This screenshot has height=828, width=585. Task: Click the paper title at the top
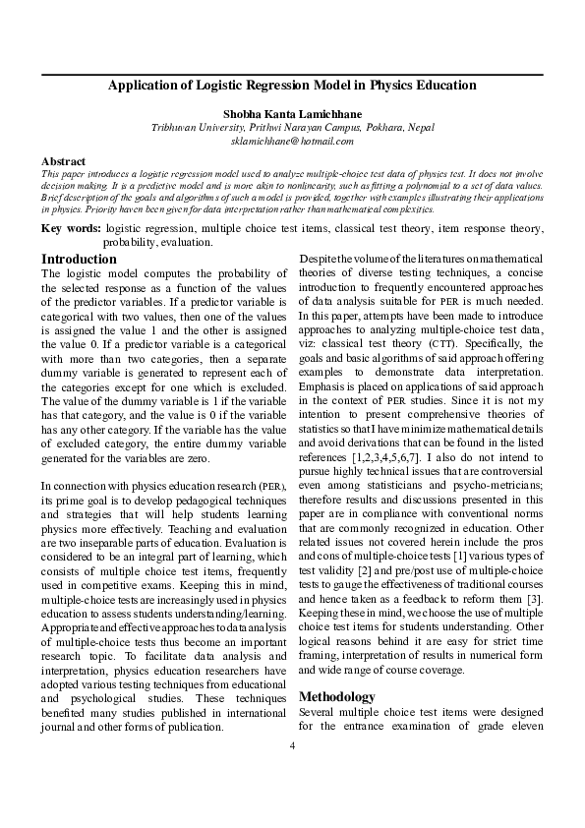click(x=292, y=86)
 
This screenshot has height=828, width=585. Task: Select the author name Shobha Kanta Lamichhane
click(x=292, y=114)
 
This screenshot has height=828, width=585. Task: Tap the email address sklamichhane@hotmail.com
click(x=292, y=142)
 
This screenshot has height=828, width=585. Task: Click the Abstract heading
click(x=63, y=160)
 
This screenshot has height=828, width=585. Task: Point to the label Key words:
click(x=71, y=228)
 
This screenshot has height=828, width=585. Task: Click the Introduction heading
click(x=80, y=260)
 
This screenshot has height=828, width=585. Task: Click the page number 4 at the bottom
click(x=292, y=744)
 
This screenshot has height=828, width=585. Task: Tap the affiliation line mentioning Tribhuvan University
click(x=292, y=128)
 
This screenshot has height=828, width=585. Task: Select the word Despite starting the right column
click(x=318, y=260)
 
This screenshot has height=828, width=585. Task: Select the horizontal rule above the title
click(x=292, y=75)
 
